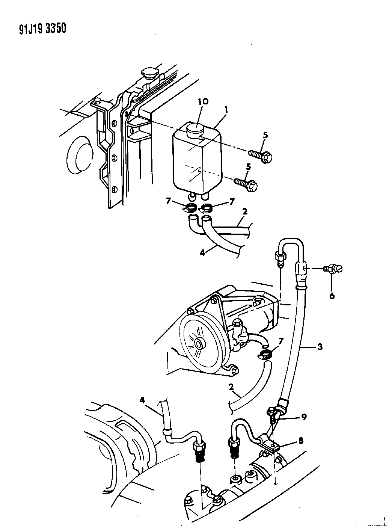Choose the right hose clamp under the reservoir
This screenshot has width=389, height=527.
click(x=207, y=207)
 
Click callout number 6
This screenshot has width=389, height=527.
click(x=332, y=296)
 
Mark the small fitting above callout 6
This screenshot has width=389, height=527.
click(x=333, y=269)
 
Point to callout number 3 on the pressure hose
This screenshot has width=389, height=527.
click(x=320, y=347)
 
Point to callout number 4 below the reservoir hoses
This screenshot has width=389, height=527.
click(x=202, y=253)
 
